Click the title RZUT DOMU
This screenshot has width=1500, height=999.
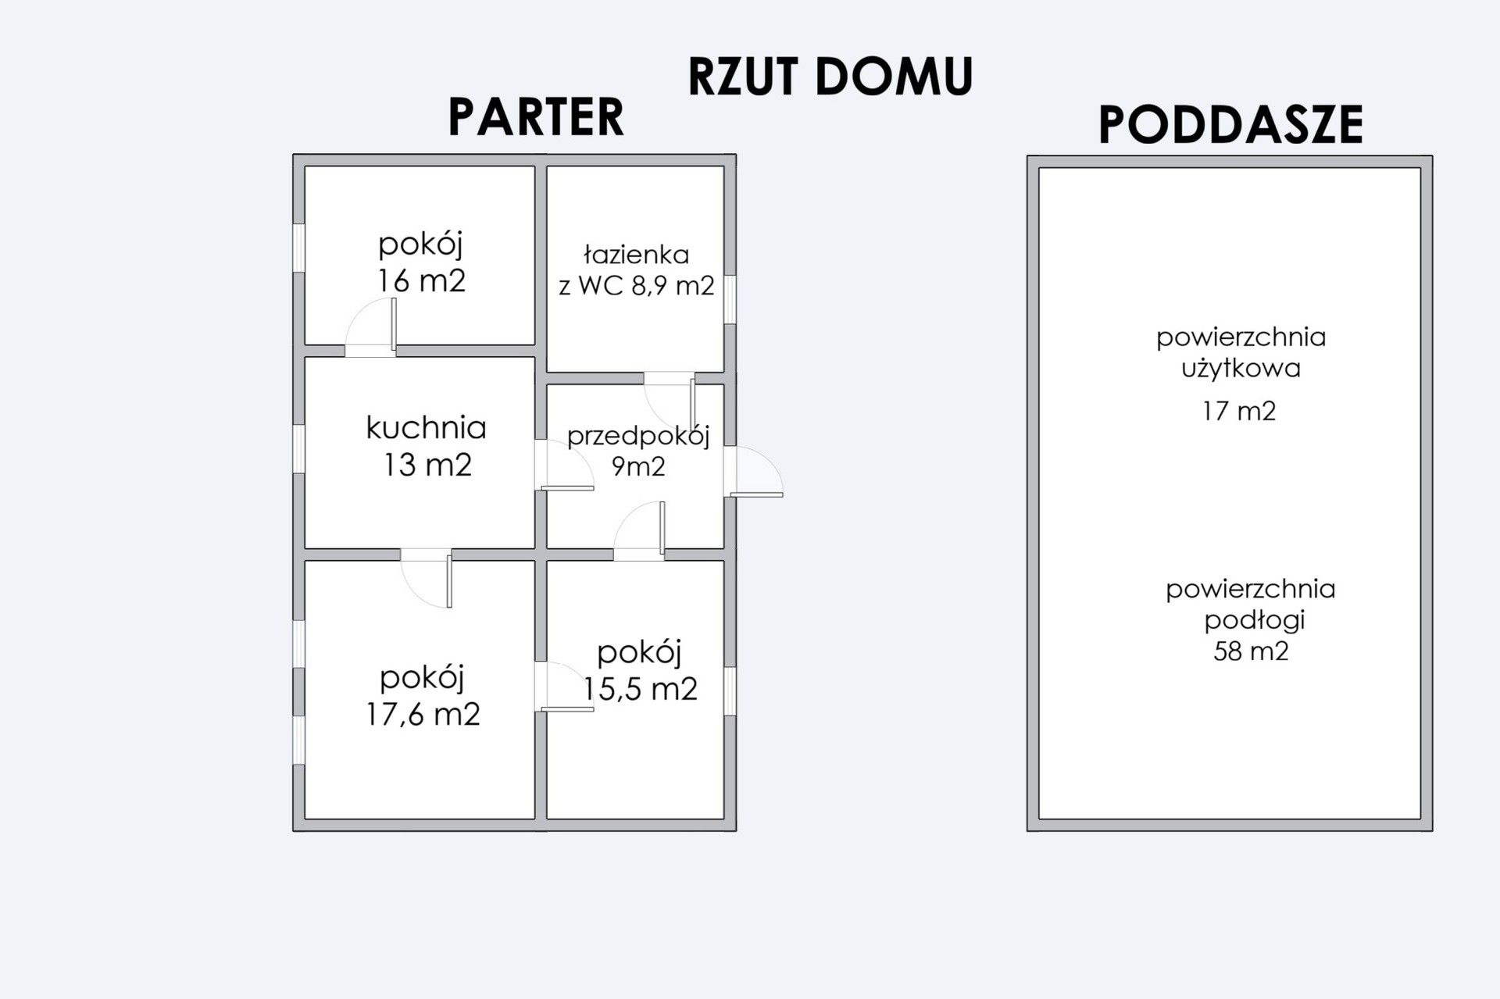(830, 77)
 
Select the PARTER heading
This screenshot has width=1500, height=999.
(536, 118)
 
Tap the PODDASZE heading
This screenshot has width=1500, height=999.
(1230, 125)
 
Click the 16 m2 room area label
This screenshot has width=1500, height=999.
(422, 281)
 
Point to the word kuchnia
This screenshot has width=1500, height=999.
(427, 428)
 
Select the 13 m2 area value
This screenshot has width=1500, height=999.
(428, 466)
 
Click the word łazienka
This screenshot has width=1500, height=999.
(636, 255)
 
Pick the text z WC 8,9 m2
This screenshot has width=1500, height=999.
(636, 286)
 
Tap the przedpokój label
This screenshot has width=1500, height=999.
(638, 436)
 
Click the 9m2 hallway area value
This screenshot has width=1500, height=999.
(638, 467)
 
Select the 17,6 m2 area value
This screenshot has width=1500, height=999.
(423, 715)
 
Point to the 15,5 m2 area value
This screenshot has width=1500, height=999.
(640, 689)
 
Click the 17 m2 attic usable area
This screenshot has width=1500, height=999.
(1239, 411)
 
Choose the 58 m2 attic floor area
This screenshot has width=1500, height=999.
(1251, 651)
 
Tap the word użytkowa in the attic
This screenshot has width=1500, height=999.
(1241, 369)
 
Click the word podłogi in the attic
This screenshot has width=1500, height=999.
(1254, 620)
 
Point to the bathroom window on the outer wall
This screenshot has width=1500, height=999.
(730, 299)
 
